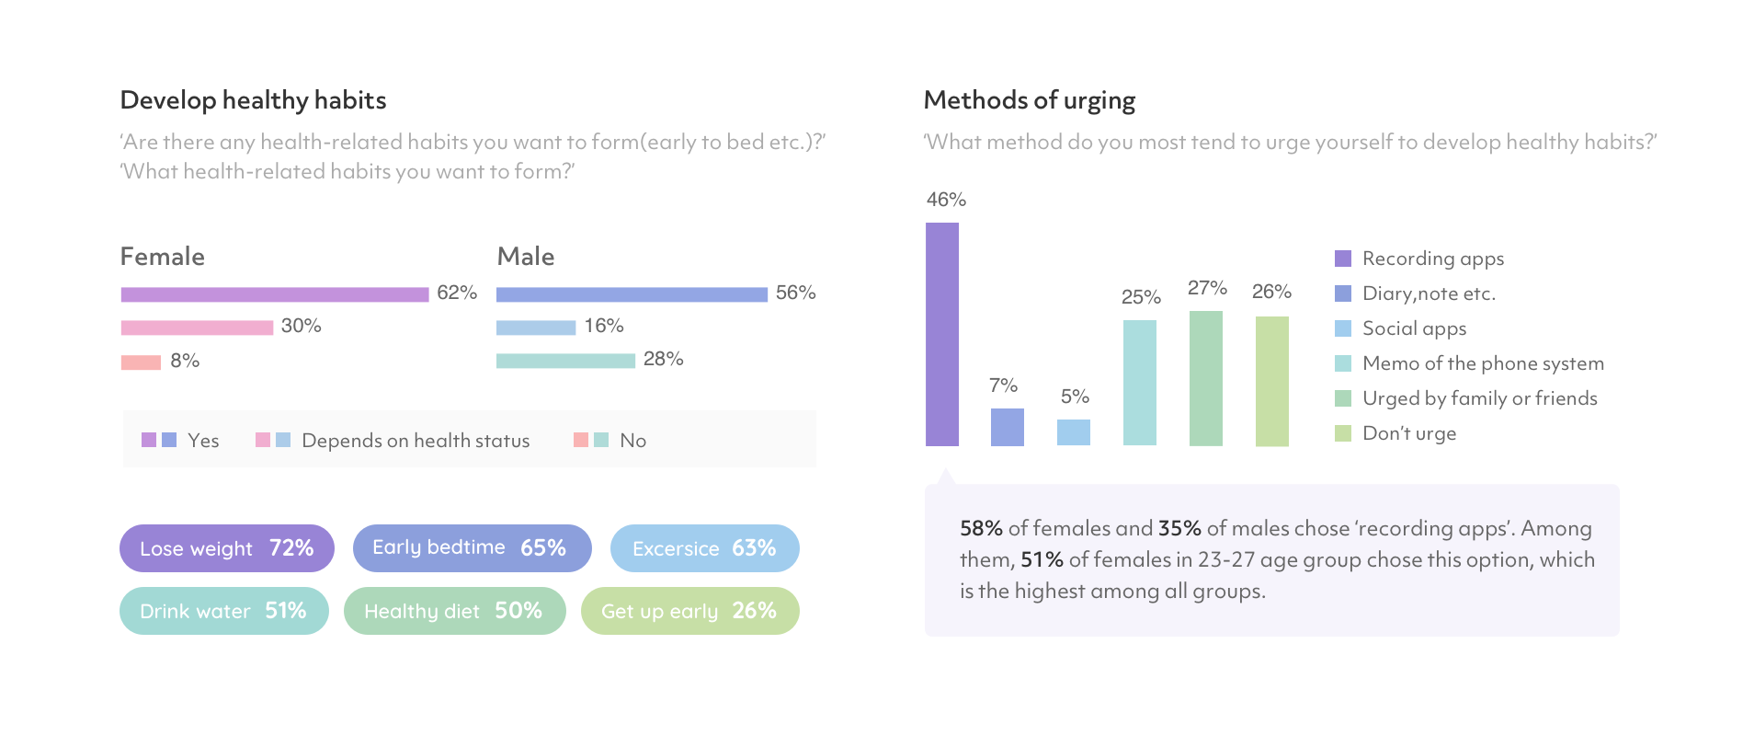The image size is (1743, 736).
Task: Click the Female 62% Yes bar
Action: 275,294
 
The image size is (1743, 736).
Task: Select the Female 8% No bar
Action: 141,362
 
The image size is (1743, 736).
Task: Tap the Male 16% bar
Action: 536,328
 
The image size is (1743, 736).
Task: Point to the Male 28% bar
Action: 565,361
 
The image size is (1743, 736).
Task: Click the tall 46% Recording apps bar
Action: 942,335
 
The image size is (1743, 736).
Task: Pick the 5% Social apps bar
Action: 1074,432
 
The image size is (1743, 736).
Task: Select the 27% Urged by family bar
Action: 1206,378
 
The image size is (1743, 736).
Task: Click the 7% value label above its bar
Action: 1004,385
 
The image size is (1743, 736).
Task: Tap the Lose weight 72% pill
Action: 227,548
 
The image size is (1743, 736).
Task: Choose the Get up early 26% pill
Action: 689,611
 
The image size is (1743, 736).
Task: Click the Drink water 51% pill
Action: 223,611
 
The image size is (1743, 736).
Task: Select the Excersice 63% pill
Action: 704,548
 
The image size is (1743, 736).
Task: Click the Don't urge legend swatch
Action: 1343,433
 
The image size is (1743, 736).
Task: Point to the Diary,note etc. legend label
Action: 1429,293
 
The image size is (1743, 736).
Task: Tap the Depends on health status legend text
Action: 416,441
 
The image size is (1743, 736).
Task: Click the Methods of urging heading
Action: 1030,100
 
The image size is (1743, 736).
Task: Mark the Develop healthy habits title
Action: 254,100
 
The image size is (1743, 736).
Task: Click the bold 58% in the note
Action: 981,529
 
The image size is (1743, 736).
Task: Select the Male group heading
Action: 526,257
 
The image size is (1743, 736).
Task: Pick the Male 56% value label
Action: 795,293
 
